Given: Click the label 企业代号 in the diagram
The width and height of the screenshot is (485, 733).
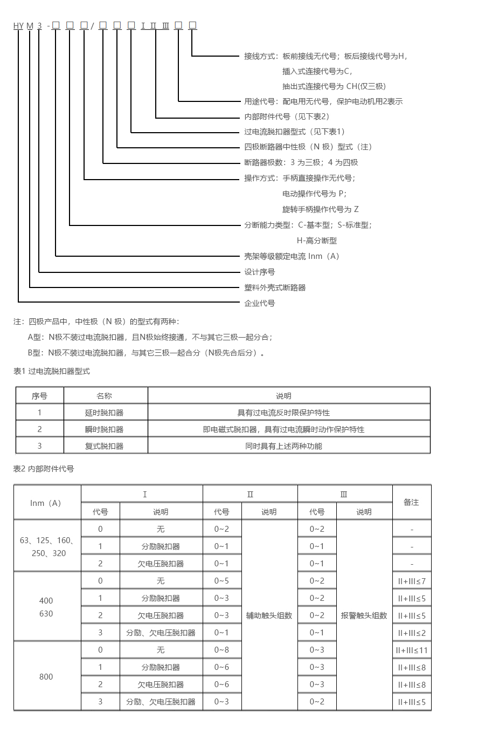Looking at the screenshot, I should click(x=260, y=303).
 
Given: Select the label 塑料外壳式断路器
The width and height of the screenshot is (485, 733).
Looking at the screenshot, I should click(x=275, y=287).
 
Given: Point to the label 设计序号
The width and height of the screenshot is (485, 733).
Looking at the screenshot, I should click(x=260, y=272).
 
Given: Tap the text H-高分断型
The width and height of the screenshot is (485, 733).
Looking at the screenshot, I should click(x=317, y=241).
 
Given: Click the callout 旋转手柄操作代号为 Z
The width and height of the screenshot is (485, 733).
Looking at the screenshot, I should click(x=320, y=209).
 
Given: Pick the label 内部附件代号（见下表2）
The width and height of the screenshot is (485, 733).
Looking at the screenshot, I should click(x=287, y=117).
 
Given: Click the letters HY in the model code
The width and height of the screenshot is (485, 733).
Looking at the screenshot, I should click(x=19, y=26).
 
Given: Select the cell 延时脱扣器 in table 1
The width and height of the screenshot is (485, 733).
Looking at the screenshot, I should click(x=104, y=413).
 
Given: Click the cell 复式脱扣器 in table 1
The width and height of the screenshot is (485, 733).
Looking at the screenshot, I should click(x=104, y=446).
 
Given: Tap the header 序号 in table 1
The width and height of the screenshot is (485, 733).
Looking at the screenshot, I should click(x=39, y=396).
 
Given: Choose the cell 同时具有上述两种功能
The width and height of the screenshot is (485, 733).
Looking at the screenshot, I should click(x=283, y=446).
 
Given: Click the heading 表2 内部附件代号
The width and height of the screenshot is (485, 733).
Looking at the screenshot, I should click(x=44, y=469).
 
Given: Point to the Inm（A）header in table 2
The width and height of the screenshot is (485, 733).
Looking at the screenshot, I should click(x=46, y=503).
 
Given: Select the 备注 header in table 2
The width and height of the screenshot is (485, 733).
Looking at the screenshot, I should click(x=411, y=502).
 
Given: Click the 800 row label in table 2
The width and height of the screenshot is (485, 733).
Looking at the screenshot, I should click(x=46, y=676).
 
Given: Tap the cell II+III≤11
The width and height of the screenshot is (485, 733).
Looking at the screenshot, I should click(x=412, y=650).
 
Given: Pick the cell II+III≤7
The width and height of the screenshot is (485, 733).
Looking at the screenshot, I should click(x=412, y=581).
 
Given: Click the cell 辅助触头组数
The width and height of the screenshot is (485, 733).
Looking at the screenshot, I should click(x=269, y=615).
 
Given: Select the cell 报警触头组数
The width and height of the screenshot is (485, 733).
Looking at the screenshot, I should click(x=364, y=615).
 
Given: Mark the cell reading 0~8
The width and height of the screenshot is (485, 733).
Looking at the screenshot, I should click(x=221, y=650).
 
